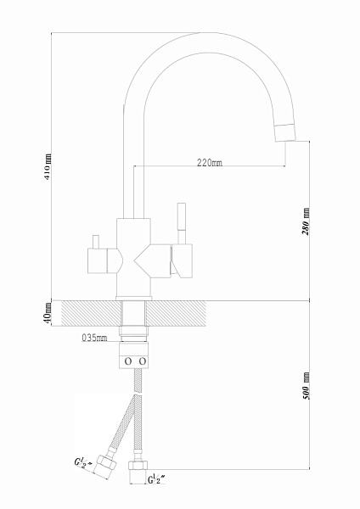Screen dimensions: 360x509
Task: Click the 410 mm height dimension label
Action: [x=48, y=167]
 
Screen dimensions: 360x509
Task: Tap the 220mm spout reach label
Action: [x=210, y=162]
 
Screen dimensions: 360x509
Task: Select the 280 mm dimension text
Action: [x=306, y=221]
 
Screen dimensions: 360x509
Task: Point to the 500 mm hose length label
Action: [x=306, y=386]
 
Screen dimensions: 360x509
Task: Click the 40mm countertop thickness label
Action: [x=48, y=313]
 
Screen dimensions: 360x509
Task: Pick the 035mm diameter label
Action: [x=94, y=338]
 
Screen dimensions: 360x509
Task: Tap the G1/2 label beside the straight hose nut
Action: [x=156, y=479]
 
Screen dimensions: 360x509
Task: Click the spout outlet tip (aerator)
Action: [x=285, y=132]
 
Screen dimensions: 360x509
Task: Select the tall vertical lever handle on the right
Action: [x=182, y=224]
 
